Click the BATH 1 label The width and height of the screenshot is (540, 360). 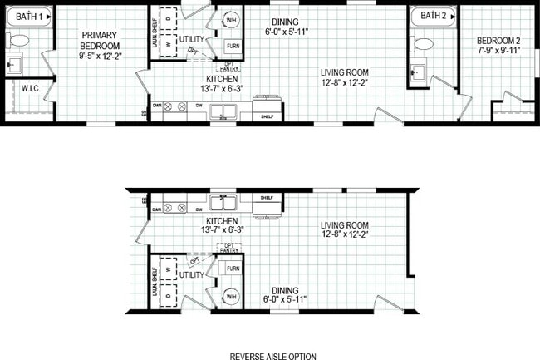pyautogui.click(x=29, y=16)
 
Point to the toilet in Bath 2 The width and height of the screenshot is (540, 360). pyautogui.click(x=424, y=44)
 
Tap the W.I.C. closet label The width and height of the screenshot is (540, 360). pyautogui.click(x=32, y=88)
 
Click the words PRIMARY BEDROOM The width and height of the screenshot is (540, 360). pyautogui.click(x=101, y=40)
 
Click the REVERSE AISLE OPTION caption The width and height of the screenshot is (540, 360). pyautogui.click(x=272, y=356)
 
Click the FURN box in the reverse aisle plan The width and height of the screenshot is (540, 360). pyautogui.click(x=233, y=269)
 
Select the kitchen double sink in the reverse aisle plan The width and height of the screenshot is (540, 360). pyautogui.click(x=222, y=203)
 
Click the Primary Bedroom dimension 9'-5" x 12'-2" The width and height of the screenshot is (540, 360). pyautogui.click(x=101, y=57)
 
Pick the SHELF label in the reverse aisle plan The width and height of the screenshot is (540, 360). pyautogui.click(x=267, y=198)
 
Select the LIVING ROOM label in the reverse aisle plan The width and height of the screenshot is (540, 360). pyautogui.click(x=345, y=225)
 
